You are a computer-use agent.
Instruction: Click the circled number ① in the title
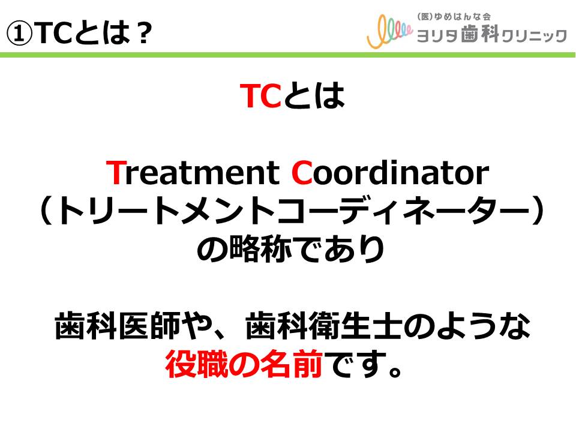point(19,33)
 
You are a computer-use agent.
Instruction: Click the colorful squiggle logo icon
point(389,32)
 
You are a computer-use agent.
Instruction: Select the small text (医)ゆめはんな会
point(454,17)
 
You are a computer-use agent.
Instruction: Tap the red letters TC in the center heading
point(260,95)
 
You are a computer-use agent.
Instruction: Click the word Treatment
point(193,173)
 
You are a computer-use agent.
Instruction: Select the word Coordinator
point(390,173)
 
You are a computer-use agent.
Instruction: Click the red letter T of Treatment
point(116,172)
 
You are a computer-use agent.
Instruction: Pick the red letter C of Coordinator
point(302,173)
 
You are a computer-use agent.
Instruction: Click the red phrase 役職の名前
point(244,364)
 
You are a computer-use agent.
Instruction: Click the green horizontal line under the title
point(287,55)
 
